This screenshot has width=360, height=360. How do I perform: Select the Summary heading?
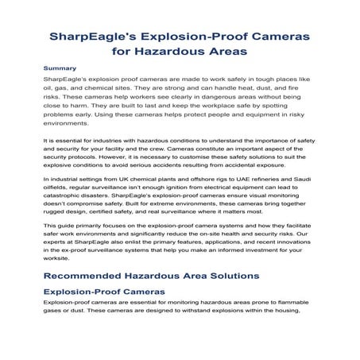tap(60, 69)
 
